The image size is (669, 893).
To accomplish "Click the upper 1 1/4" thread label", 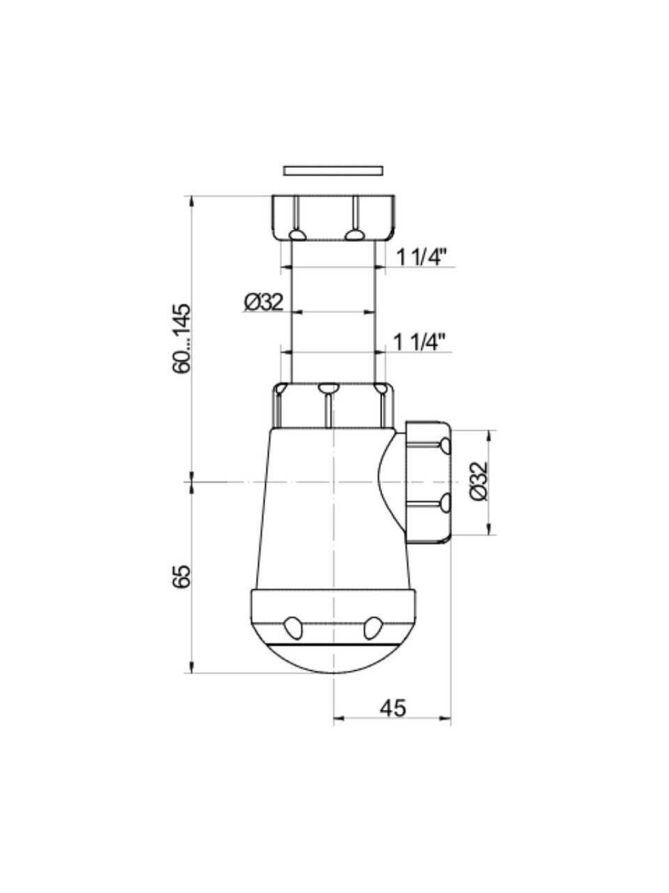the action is [421, 257].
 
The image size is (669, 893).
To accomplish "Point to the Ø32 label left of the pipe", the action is [264, 302].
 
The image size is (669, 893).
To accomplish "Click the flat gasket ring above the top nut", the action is [333, 170].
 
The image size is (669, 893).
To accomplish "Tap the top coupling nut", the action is [333, 218].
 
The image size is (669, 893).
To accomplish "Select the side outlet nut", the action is [428, 483].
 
